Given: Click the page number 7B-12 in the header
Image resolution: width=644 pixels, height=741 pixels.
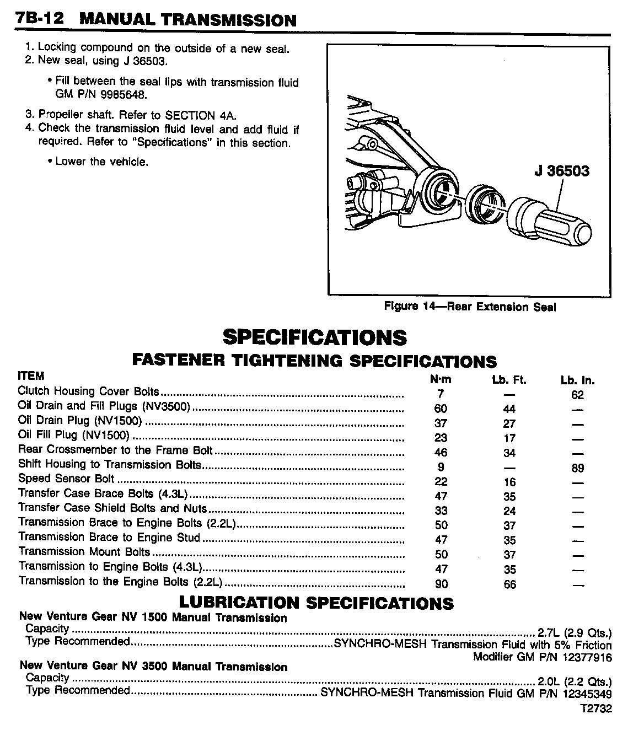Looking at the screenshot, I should (39, 19).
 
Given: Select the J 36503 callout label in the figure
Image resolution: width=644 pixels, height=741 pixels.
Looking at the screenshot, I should (561, 170).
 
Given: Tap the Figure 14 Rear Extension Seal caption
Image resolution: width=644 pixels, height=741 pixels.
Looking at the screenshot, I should (470, 307).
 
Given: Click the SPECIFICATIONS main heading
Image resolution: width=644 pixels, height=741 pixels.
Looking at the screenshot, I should (314, 337).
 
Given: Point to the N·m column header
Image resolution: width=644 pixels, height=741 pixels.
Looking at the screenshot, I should (440, 379).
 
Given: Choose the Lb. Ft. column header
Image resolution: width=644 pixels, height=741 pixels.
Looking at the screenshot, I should (509, 380).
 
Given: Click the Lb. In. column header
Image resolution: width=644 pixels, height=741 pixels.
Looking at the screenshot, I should (577, 380).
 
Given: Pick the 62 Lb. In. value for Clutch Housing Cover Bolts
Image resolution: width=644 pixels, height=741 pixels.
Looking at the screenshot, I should (577, 395).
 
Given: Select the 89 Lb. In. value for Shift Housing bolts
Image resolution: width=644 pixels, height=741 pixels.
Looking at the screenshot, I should (577, 468).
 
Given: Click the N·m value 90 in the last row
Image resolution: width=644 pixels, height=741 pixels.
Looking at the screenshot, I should (441, 584).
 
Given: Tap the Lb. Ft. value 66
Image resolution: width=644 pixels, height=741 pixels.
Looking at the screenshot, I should (509, 584).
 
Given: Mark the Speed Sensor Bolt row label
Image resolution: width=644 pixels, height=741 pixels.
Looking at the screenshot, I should (66, 479).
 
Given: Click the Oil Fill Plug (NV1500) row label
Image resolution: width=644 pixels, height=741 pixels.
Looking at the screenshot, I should (73, 435).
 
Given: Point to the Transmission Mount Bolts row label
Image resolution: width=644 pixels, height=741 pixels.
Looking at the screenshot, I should (84, 551).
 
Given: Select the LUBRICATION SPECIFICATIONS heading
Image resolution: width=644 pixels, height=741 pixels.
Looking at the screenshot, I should (316, 603).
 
